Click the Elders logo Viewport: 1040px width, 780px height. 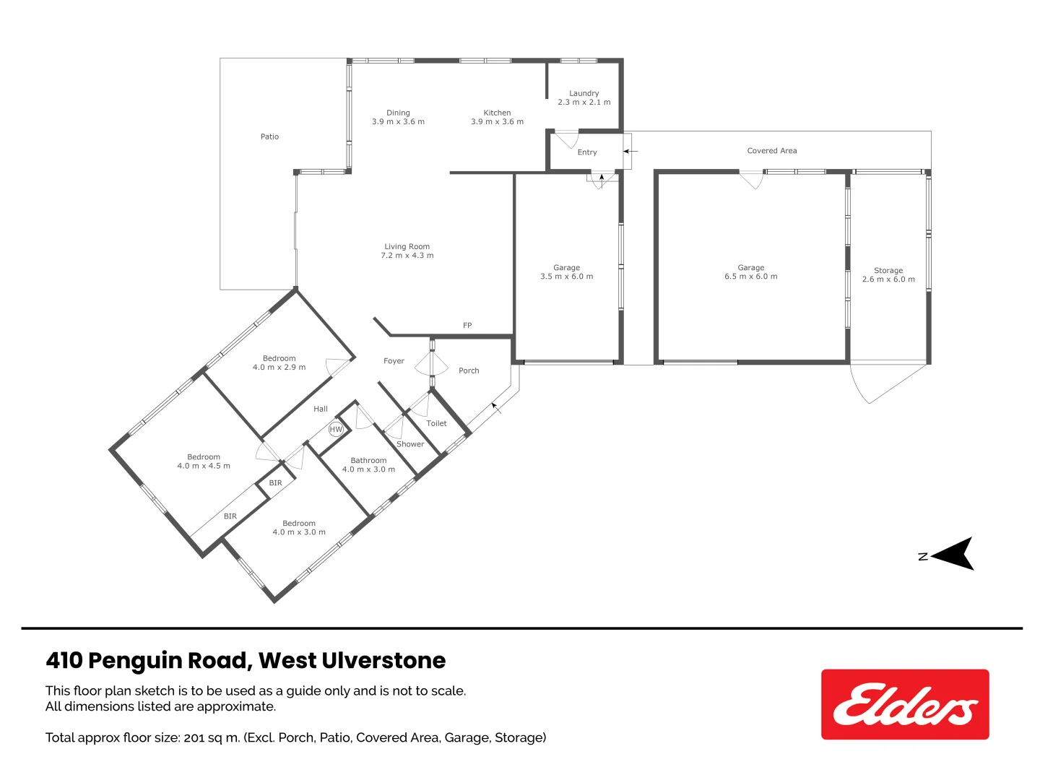[x=904, y=704]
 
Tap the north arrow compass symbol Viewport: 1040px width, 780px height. [x=953, y=554]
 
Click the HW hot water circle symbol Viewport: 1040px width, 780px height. [x=336, y=429]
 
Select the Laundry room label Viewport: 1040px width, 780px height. [x=584, y=93]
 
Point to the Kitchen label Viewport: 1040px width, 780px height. [x=497, y=113]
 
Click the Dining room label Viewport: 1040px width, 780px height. [x=398, y=113]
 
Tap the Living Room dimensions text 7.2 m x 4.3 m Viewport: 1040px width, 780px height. [x=407, y=256]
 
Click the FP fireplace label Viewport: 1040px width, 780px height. [x=467, y=326]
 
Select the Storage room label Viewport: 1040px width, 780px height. [x=888, y=270]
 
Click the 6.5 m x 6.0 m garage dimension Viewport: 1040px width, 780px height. [x=751, y=277]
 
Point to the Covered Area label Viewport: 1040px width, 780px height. [x=772, y=151]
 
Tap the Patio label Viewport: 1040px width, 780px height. [x=269, y=136]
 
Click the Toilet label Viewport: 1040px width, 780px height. [x=436, y=424]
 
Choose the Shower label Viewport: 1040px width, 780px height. [x=410, y=444]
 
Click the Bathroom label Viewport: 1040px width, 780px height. [x=368, y=460]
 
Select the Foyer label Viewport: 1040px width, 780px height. [x=394, y=361]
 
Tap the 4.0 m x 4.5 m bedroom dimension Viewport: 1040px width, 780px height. [x=204, y=466]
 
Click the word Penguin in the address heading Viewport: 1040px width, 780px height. [x=135, y=661]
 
